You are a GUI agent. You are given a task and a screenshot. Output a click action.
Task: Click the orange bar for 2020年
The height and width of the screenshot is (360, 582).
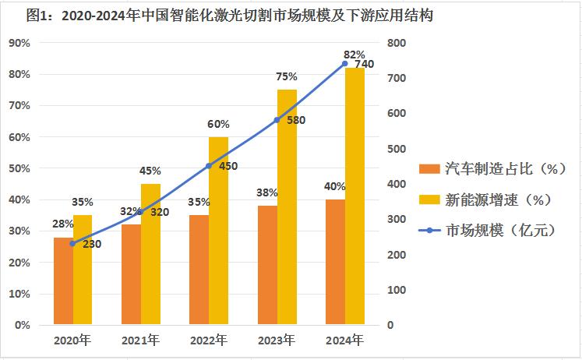(63, 281)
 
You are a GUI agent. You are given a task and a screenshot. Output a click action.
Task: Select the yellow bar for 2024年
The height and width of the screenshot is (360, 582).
(355, 195)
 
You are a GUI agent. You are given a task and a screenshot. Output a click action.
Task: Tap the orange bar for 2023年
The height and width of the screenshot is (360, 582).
(267, 265)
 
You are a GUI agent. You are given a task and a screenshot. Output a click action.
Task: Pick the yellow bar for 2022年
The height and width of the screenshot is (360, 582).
(219, 231)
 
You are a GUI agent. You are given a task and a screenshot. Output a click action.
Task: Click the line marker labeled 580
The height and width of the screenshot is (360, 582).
(277, 120)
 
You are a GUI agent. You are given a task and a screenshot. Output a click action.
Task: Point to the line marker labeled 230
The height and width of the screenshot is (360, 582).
(72, 244)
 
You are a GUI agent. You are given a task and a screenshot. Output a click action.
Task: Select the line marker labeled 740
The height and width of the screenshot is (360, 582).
(344, 64)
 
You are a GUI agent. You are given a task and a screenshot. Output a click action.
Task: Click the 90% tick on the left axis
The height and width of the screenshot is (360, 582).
(19, 43)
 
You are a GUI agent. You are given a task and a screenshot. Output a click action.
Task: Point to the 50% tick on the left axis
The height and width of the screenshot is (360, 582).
(19, 168)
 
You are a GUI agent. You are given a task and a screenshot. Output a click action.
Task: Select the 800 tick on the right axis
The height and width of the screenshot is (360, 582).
(397, 43)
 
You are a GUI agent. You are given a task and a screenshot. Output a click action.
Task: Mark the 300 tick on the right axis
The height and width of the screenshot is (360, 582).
(397, 219)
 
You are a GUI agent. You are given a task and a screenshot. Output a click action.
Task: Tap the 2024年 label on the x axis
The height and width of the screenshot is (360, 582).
(344, 341)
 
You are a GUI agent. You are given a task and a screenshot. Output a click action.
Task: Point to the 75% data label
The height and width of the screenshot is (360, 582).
(287, 76)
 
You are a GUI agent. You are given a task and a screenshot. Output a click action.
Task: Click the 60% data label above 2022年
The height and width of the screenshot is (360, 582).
(218, 124)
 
